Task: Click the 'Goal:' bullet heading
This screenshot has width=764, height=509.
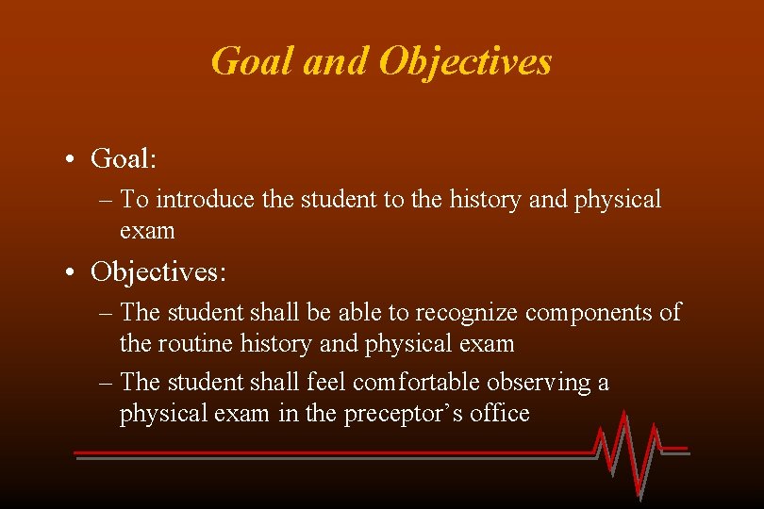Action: click(124, 158)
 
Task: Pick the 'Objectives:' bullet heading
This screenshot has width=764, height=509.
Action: click(158, 271)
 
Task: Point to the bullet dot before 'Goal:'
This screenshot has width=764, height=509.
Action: click(73, 159)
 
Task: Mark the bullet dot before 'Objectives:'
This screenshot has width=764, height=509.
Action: click(73, 272)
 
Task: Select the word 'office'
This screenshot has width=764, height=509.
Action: click(500, 413)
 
